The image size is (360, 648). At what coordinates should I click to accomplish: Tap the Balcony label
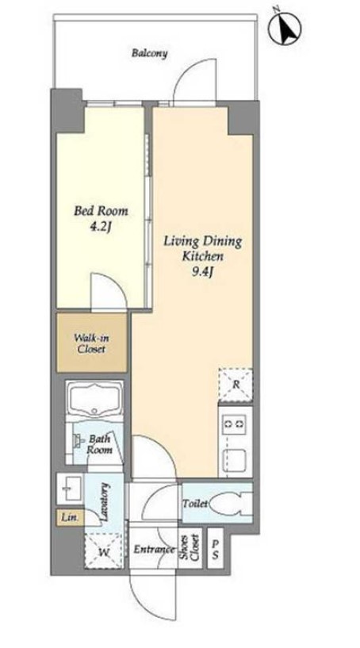click(x=150, y=53)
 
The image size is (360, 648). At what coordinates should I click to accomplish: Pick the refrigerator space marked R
click(x=236, y=385)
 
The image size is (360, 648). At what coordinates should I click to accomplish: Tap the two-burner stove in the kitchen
click(x=235, y=424)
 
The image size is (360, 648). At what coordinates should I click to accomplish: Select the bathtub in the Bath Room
click(x=95, y=399)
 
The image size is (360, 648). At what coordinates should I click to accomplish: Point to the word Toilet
click(x=196, y=504)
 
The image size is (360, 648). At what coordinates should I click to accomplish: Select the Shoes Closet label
click(x=190, y=548)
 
